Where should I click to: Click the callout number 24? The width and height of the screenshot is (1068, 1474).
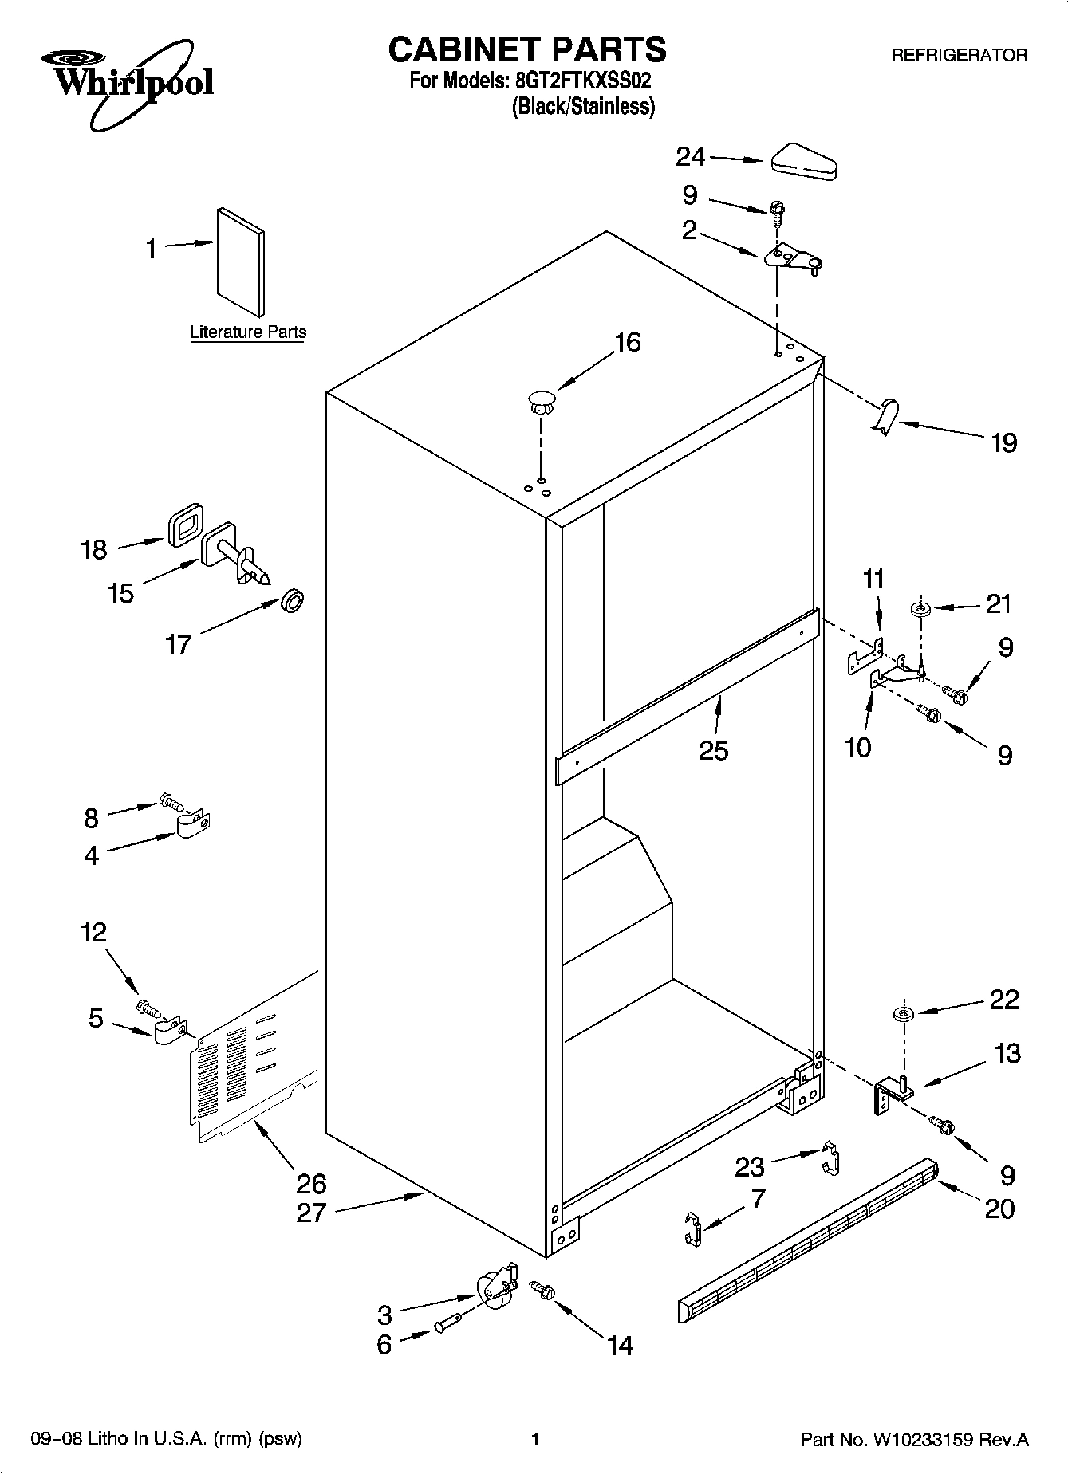[x=690, y=157]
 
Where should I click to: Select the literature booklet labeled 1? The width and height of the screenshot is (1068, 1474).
[x=240, y=262]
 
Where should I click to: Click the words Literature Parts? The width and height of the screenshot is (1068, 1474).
[x=248, y=332]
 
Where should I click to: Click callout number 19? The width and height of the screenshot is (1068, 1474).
[x=1003, y=442]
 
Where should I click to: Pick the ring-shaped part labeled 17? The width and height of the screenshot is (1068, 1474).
[x=293, y=601]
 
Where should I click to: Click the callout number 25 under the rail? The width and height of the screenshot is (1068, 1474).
[x=713, y=750]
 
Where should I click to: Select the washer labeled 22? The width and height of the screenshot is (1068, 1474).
[x=904, y=1013]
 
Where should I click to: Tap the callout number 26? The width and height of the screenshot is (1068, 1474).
[x=311, y=1183]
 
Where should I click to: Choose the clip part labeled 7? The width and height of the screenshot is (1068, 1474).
[x=693, y=1228]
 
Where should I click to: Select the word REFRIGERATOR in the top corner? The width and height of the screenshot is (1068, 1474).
[x=959, y=56]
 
